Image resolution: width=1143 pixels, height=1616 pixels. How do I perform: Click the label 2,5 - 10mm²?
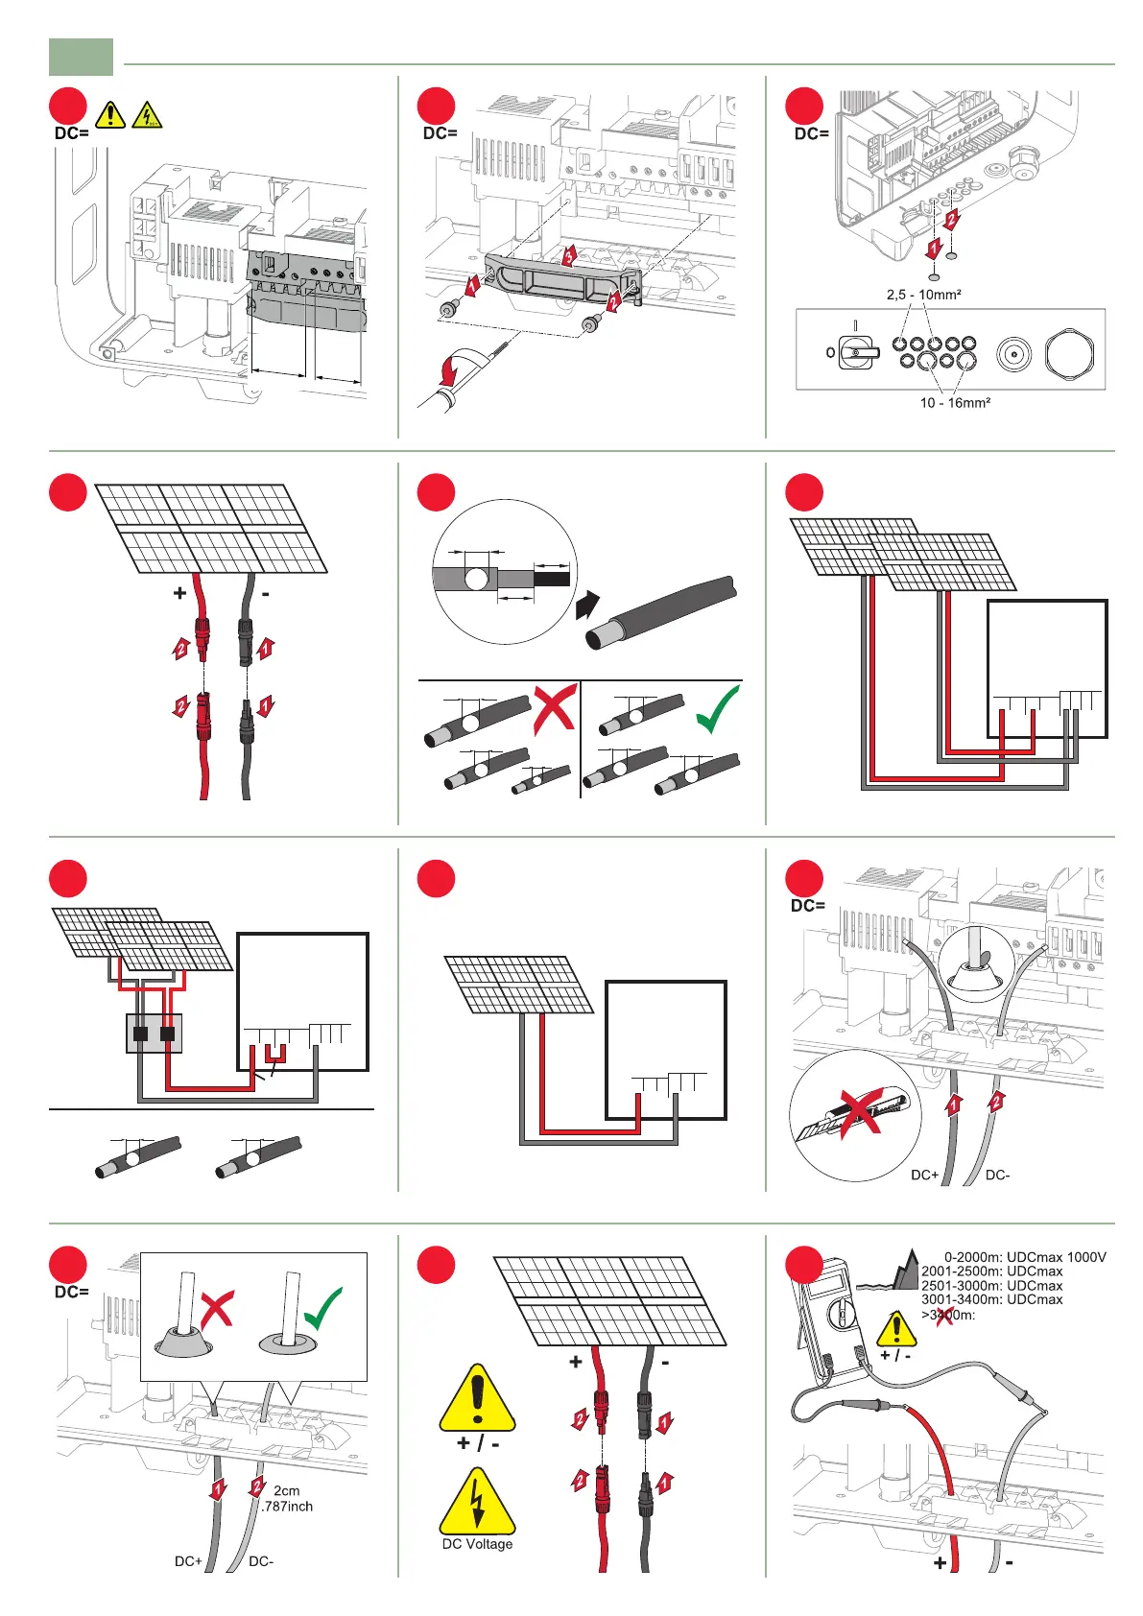point(923,295)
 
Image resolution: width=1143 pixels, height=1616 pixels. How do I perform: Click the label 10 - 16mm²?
point(955,403)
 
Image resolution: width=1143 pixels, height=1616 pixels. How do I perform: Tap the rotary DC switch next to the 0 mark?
point(858,353)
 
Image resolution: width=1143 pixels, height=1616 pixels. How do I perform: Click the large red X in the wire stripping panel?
point(555,708)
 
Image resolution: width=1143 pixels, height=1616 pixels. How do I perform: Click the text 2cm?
point(286,1490)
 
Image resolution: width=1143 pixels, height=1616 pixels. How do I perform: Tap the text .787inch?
point(287,1507)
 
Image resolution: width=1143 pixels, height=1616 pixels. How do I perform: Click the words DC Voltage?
point(477,1544)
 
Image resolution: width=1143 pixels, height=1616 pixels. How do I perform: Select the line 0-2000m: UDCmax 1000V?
point(1025,1257)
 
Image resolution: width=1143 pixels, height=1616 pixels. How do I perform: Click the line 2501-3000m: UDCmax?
point(991,1286)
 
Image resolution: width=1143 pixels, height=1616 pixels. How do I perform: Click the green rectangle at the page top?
point(81,57)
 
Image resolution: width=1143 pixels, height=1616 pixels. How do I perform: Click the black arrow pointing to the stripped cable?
point(586,606)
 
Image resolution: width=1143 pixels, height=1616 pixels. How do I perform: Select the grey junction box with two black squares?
point(154,1034)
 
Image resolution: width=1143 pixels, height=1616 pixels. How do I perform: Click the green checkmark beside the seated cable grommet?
point(321,1307)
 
